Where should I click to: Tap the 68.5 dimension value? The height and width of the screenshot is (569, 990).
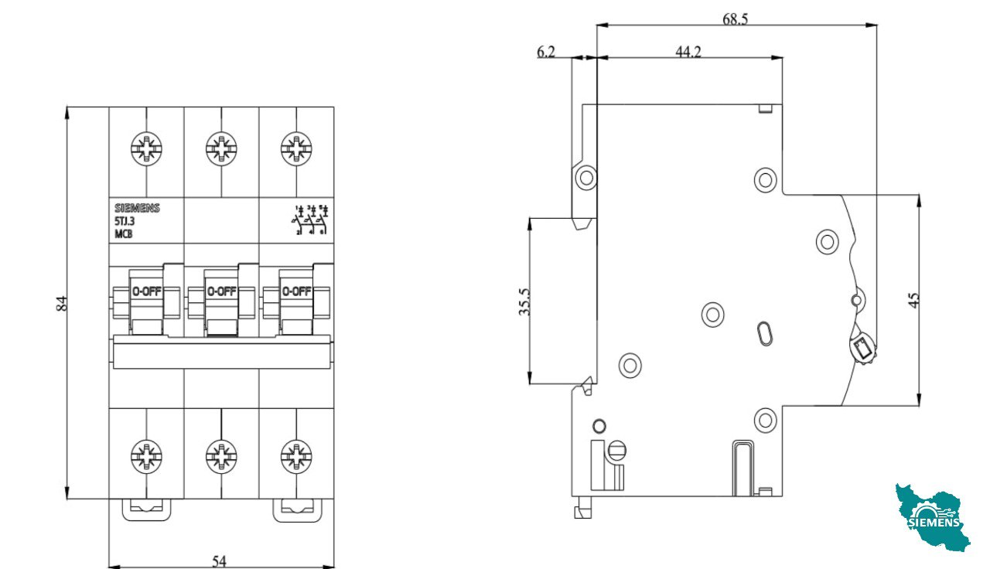[735, 19]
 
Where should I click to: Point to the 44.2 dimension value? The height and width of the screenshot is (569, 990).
[688, 52]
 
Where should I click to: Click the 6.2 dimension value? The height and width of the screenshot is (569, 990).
[546, 52]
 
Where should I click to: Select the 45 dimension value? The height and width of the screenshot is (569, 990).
[913, 300]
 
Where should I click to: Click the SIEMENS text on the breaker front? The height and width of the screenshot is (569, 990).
[137, 208]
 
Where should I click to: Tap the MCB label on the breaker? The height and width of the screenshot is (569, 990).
[124, 233]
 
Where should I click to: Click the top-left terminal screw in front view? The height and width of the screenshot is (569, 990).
[146, 148]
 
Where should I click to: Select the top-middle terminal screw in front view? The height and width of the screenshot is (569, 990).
[221, 148]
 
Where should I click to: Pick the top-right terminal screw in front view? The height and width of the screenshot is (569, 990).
[295, 148]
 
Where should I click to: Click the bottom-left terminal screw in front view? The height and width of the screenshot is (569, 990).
[146, 456]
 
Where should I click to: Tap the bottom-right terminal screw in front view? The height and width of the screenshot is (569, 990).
[295, 456]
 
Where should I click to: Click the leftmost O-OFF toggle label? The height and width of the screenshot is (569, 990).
[146, 292]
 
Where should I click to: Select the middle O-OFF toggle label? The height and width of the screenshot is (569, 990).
[221, 292]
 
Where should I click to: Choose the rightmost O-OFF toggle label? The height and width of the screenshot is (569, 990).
[296, 292]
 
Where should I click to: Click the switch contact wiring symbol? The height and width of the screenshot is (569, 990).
[311, 220]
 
